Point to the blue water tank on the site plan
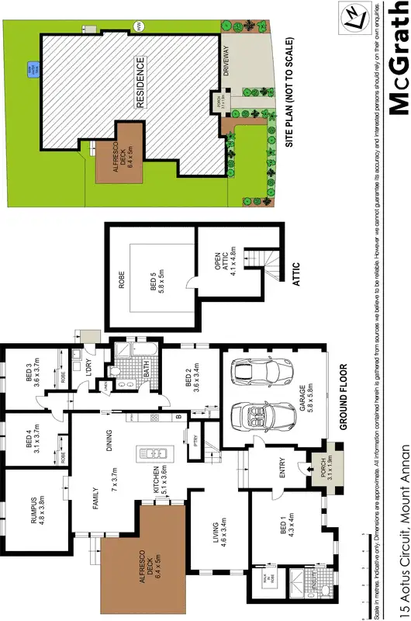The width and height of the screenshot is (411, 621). [x=33, y=69]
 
